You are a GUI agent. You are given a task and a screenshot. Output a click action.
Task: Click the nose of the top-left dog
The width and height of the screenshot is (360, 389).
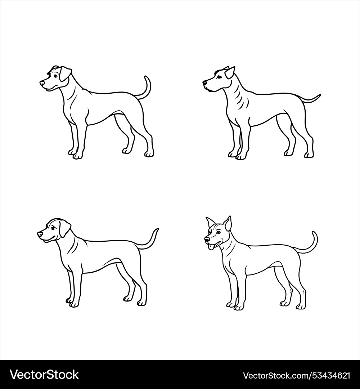point(42,83)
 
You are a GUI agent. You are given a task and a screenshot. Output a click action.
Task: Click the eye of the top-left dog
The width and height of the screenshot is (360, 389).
point(55,76)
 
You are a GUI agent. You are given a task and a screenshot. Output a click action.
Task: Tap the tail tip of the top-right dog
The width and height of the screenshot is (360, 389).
point(319,96)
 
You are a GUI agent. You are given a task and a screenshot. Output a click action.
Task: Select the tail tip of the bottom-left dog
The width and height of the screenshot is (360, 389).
point(157,229)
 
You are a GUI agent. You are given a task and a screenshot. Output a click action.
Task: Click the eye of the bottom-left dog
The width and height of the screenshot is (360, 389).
point(54,227)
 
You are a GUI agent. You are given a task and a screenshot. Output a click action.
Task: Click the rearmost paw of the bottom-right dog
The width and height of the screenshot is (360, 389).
point(300,307)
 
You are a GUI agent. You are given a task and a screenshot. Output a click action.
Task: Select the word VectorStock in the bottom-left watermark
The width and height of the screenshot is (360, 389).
point(44,375)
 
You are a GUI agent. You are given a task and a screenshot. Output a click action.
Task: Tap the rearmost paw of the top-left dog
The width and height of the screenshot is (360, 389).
point(149,154)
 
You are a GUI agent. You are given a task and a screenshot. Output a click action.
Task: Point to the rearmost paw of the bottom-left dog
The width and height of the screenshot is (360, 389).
point(141,303)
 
